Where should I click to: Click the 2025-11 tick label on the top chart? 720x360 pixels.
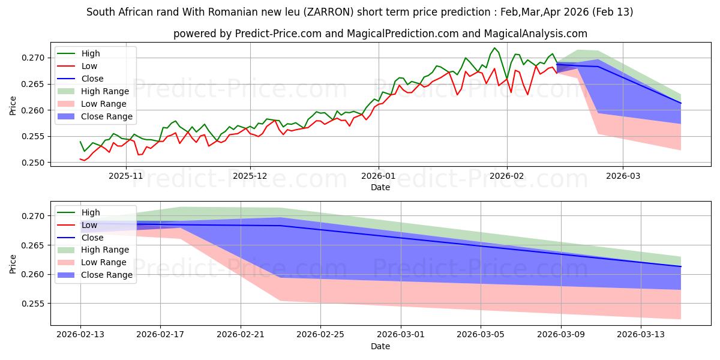click(125, 176)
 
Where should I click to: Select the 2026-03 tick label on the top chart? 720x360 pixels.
click(622, 176)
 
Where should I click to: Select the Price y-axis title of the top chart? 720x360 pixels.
click(13, 106)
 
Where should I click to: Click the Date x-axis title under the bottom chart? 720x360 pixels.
click(380, 346)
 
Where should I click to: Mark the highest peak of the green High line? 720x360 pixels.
click(494, 48)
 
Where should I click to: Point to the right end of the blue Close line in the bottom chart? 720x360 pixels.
click(681, 266)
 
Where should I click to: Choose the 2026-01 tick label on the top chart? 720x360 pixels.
click(378, 176)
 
